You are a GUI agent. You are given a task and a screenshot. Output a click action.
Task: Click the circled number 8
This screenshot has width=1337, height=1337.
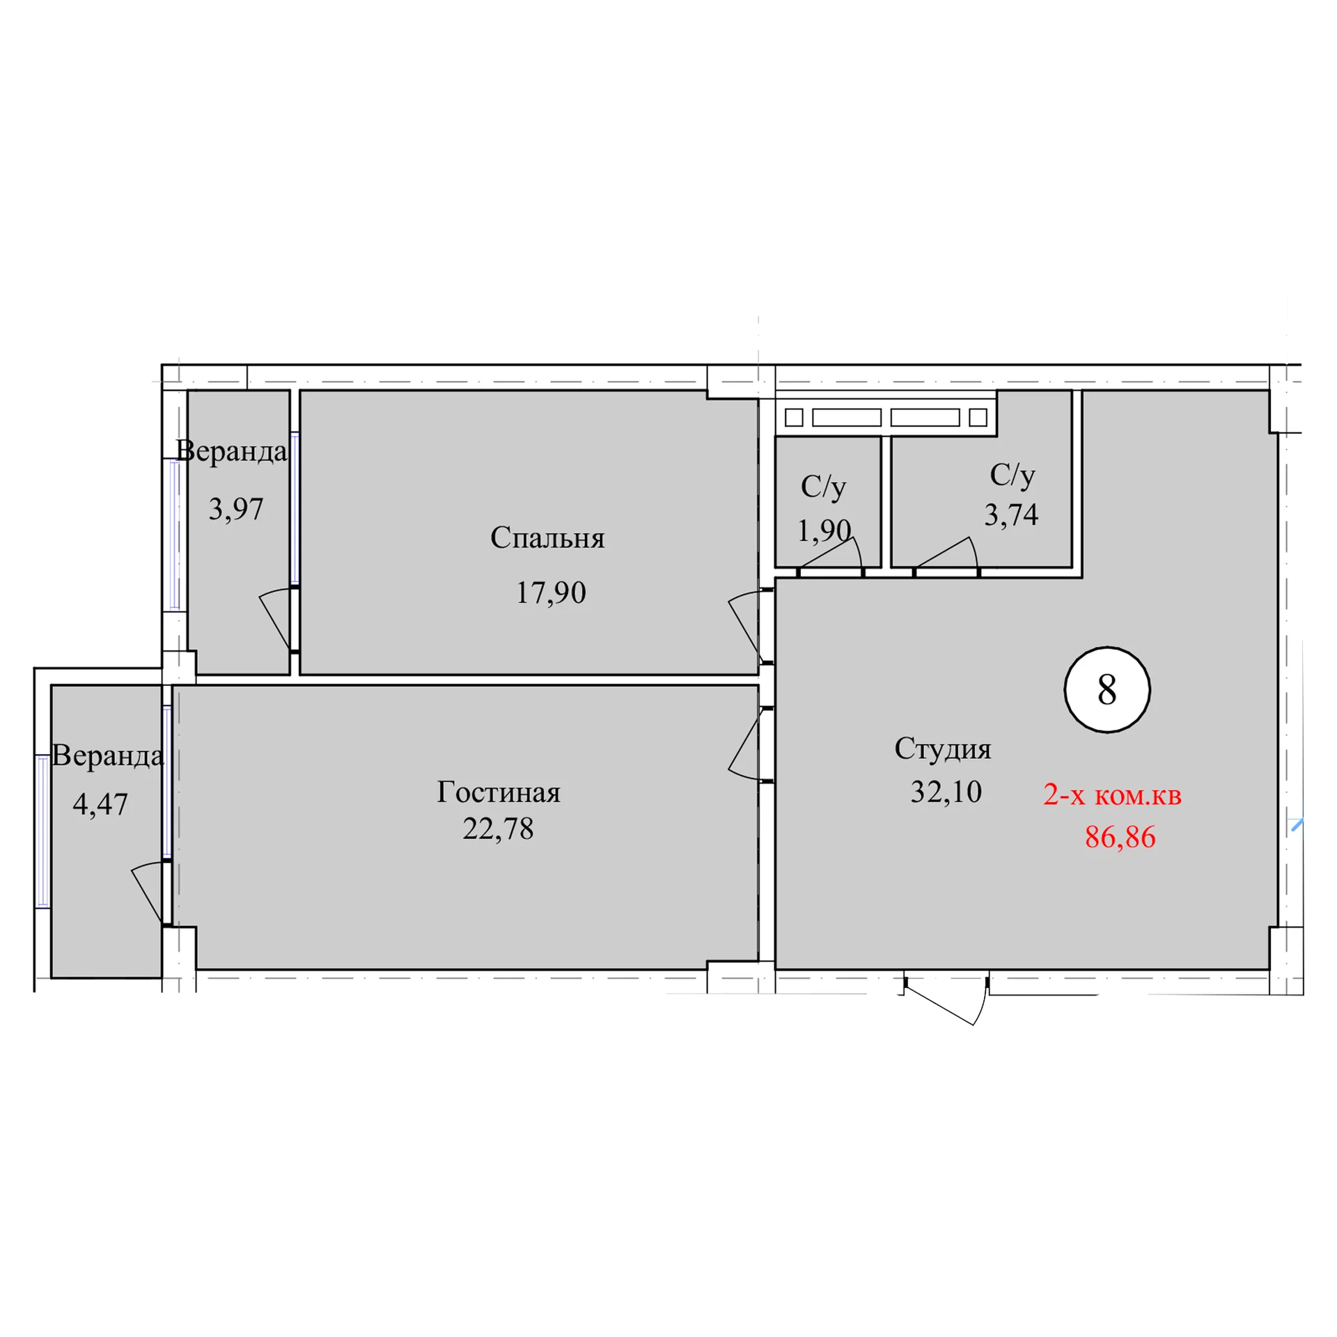point(1107,689)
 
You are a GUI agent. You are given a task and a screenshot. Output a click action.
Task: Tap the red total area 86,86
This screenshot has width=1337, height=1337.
point(1120,837)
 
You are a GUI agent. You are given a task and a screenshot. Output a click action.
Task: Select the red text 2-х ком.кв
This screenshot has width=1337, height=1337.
point(1112,795)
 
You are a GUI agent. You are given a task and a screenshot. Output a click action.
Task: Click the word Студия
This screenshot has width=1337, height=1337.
point(942,749)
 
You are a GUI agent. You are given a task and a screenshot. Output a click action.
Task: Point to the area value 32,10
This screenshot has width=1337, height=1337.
point(946,792)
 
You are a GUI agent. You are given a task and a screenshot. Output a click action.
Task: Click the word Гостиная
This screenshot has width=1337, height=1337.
point(499,792)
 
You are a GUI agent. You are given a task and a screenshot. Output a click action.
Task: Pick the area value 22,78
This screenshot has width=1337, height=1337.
point(498,829)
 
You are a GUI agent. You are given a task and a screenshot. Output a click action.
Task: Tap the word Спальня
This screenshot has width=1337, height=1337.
point(547,538)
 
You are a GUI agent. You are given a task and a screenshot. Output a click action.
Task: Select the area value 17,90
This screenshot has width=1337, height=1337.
point(550,593)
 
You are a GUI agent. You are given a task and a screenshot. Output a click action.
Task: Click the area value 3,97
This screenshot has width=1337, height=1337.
point(236,509)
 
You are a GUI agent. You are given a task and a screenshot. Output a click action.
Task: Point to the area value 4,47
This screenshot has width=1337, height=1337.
point(100,804)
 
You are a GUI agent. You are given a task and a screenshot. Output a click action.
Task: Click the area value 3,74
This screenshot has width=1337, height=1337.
point(1011,515)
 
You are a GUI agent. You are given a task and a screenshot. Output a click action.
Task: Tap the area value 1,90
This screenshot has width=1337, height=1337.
point(824,531)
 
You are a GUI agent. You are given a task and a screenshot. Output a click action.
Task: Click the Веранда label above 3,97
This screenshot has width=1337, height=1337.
point(231,451)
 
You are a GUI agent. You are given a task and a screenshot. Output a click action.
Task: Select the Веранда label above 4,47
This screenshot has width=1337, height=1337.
point(108,756)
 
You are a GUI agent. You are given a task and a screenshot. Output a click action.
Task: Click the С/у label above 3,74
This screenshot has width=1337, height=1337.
point(1012,475)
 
